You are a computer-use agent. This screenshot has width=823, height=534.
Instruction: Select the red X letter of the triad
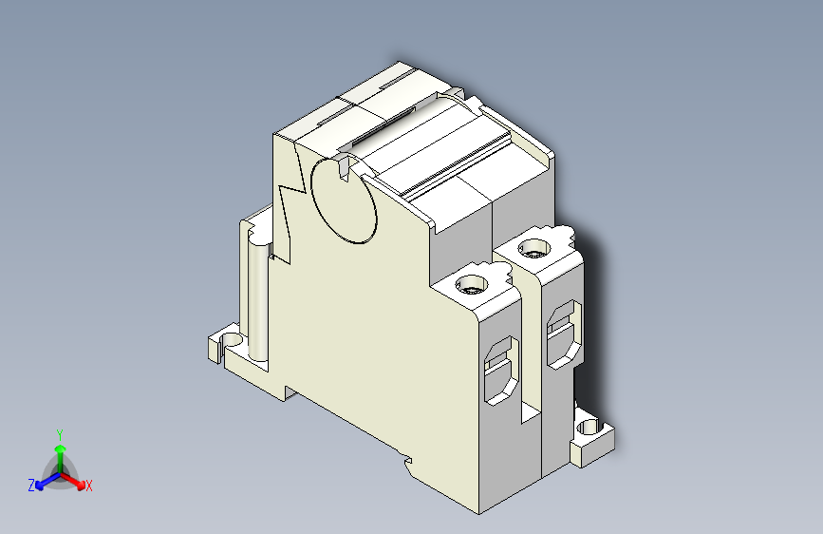[89, 486]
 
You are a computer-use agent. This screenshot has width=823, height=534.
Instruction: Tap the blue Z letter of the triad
[31, 486]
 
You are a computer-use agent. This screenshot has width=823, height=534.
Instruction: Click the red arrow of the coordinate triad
[76, 479]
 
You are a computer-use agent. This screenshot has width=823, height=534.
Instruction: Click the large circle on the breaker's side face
[343, 200]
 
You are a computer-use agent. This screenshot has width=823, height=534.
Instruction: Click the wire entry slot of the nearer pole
[499, 371]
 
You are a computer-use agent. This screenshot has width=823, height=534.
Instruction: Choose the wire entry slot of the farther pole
[562, 333]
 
